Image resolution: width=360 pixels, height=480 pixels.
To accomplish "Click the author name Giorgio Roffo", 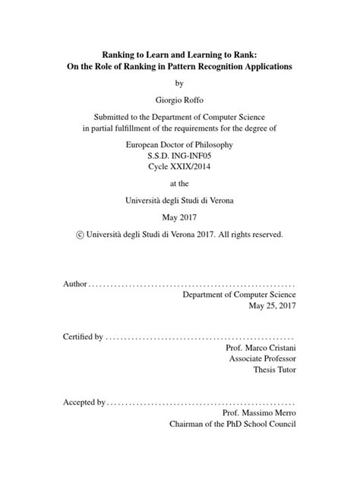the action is click(x=179, y=99).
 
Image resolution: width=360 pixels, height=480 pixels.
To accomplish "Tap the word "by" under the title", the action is click(x=179, y=83).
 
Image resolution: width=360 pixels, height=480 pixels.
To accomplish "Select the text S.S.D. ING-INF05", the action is click(x=179, y=156).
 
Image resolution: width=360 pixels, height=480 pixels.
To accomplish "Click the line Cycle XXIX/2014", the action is click(x=179, y=168).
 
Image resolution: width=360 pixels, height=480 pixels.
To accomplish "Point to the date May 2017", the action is click(x=179, y=218).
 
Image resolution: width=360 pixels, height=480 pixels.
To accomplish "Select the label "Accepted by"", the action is click(x=81, y=402).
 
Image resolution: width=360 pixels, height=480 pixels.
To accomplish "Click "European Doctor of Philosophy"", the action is click(x=179, y=144).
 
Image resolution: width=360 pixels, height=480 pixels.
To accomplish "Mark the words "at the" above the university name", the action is click(x=179, y=185).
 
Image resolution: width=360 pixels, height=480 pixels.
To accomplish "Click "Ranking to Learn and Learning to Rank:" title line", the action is click(x=179, y=55).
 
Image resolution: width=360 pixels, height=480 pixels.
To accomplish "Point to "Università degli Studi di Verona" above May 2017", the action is click(x=179, y=201).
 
